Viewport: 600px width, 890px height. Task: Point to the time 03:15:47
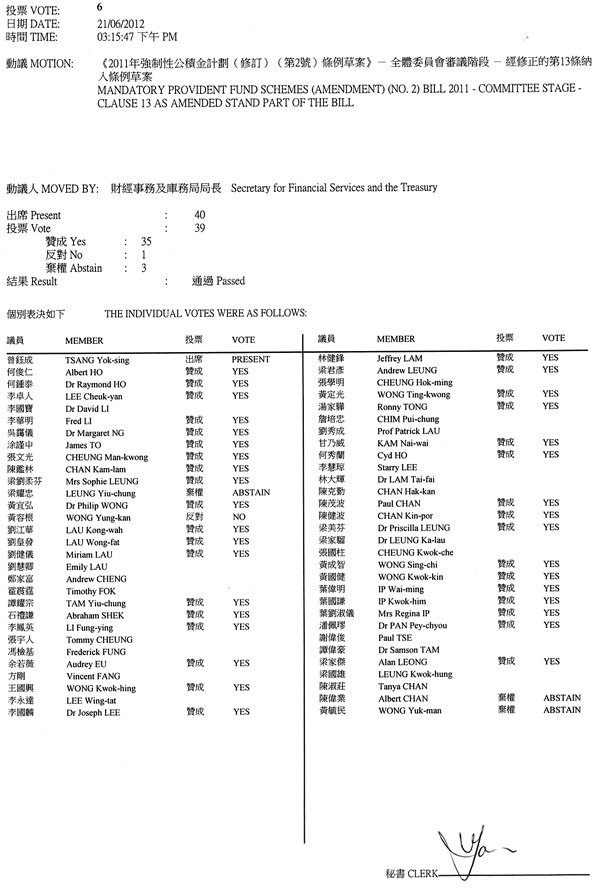(115, 36)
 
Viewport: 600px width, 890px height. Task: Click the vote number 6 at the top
(99, 7)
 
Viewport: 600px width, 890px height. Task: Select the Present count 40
(200, 215)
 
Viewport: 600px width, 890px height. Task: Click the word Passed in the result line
(231, 281)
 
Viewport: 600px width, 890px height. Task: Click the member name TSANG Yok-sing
(95, 358)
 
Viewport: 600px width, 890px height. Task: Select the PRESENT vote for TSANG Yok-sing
(252, 358)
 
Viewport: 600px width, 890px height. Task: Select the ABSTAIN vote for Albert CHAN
(561, 697)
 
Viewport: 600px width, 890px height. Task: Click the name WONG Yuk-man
(410, 709)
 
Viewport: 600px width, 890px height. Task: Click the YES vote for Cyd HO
(550, 454)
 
